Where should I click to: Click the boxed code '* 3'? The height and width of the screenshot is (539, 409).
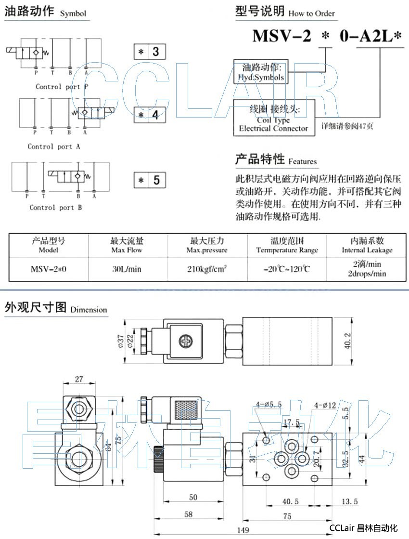point(150,52)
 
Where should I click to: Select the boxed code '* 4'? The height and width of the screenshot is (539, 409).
point(150,115)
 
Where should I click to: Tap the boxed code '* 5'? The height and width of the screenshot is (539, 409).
point(150,180)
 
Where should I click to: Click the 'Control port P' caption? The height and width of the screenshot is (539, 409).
point(62,87)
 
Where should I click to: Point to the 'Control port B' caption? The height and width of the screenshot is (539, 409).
point(55,208)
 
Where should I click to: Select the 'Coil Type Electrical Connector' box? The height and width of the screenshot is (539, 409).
point(273,118)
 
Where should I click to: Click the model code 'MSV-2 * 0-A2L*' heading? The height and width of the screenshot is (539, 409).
point(327,37)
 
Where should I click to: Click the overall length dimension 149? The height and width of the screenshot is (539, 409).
point(243,530)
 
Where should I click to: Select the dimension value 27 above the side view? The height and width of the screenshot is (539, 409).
point(79,380)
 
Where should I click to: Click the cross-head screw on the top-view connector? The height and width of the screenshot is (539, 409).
point(185,342)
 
